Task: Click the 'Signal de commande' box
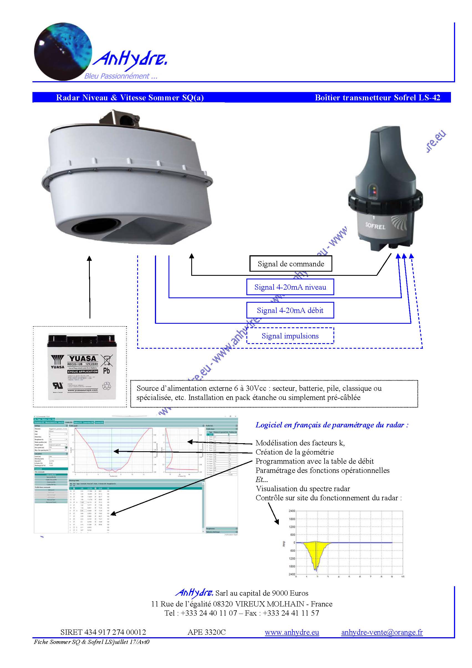(x=290, y=264)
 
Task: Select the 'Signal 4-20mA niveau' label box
(x=290, y=287)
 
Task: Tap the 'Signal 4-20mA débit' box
(x=290, y=310)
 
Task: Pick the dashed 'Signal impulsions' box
(x=290, y=336)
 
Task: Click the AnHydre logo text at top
(x=130, y=60)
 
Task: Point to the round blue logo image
(x=63, y=52)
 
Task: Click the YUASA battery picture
(x=82, y=367)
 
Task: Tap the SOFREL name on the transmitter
(x=375, y=226)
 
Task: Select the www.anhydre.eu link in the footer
(x=292, y=632)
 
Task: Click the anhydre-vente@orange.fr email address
(x=382, y=632)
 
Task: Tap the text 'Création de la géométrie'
(x=295, y=452)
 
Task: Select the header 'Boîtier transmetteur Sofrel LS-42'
(x=377, y=98)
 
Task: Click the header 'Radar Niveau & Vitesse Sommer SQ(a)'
(x=130, y=98)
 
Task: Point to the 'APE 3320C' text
(x=206, y=632)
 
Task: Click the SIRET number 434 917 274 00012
(x=103, y=632)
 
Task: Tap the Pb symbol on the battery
(x=106, y=371)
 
